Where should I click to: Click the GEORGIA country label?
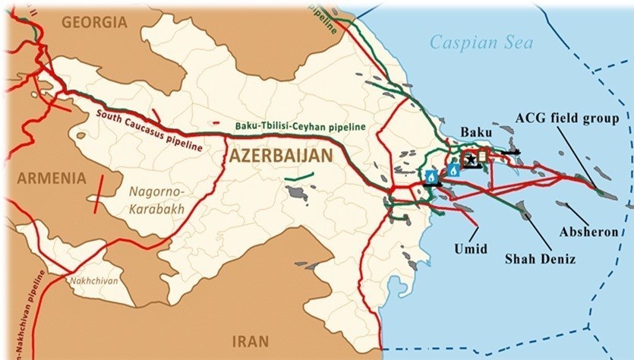point(96,22)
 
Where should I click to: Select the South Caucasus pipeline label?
point(149,130)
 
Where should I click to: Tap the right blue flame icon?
point(453,170)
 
